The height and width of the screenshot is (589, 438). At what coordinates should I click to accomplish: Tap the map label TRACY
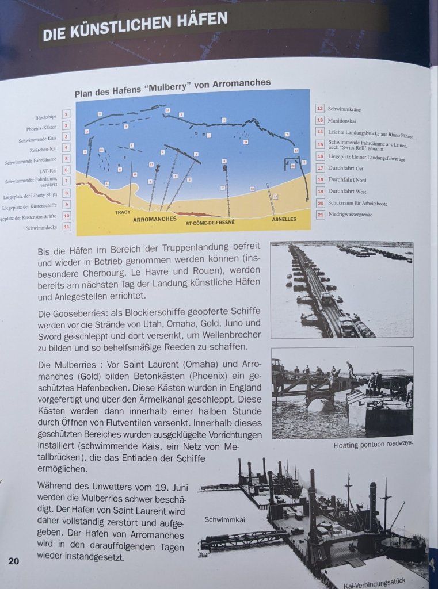(122, 212)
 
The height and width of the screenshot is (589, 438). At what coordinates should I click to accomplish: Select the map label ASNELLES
(284, 219)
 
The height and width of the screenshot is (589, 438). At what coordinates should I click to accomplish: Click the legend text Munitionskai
(342, 121)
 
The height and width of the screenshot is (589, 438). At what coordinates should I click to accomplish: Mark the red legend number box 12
(320, 108)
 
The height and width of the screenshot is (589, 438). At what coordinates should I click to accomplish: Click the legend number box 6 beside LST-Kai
(66, 170)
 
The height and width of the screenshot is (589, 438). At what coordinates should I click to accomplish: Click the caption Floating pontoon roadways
(372, 445)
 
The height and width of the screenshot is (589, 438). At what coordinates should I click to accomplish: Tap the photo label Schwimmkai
(224, 519)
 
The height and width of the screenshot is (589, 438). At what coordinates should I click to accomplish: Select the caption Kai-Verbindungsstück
(387, 584)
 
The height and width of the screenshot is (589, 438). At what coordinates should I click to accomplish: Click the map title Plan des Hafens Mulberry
(173, 85)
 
